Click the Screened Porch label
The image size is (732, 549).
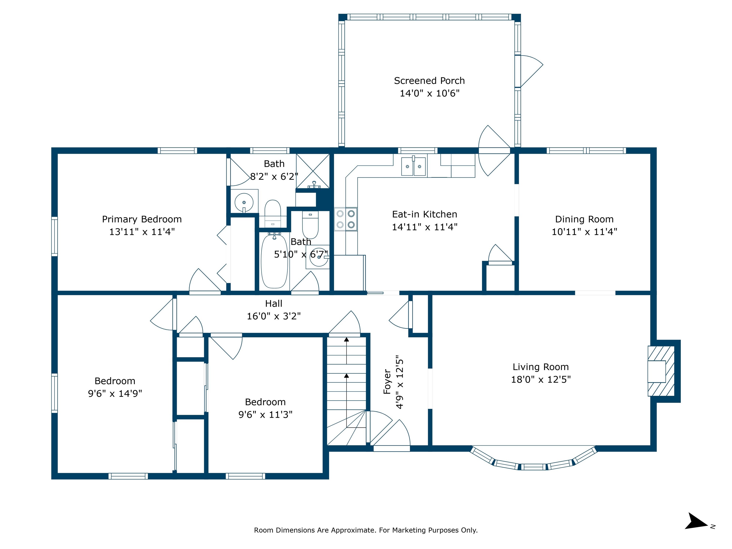click(x=429, y=81)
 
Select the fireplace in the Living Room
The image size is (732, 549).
click(x=661, y=371)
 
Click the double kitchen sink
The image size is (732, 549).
click(x=413, y=167)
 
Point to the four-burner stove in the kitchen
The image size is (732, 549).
click(x=346, y=219)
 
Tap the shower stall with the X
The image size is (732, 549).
click(x=313, y=171)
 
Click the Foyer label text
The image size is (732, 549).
click(x=387, y=382)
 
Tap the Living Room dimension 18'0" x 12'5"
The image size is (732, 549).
click(x=541, y=380)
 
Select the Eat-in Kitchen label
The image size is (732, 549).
click(x=425, y=214)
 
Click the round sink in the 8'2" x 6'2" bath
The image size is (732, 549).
click(x=244, y=202)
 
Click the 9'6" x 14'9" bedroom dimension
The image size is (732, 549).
click(x=115, y=393)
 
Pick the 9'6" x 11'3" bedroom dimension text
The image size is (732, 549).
click(x=265, y=415)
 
